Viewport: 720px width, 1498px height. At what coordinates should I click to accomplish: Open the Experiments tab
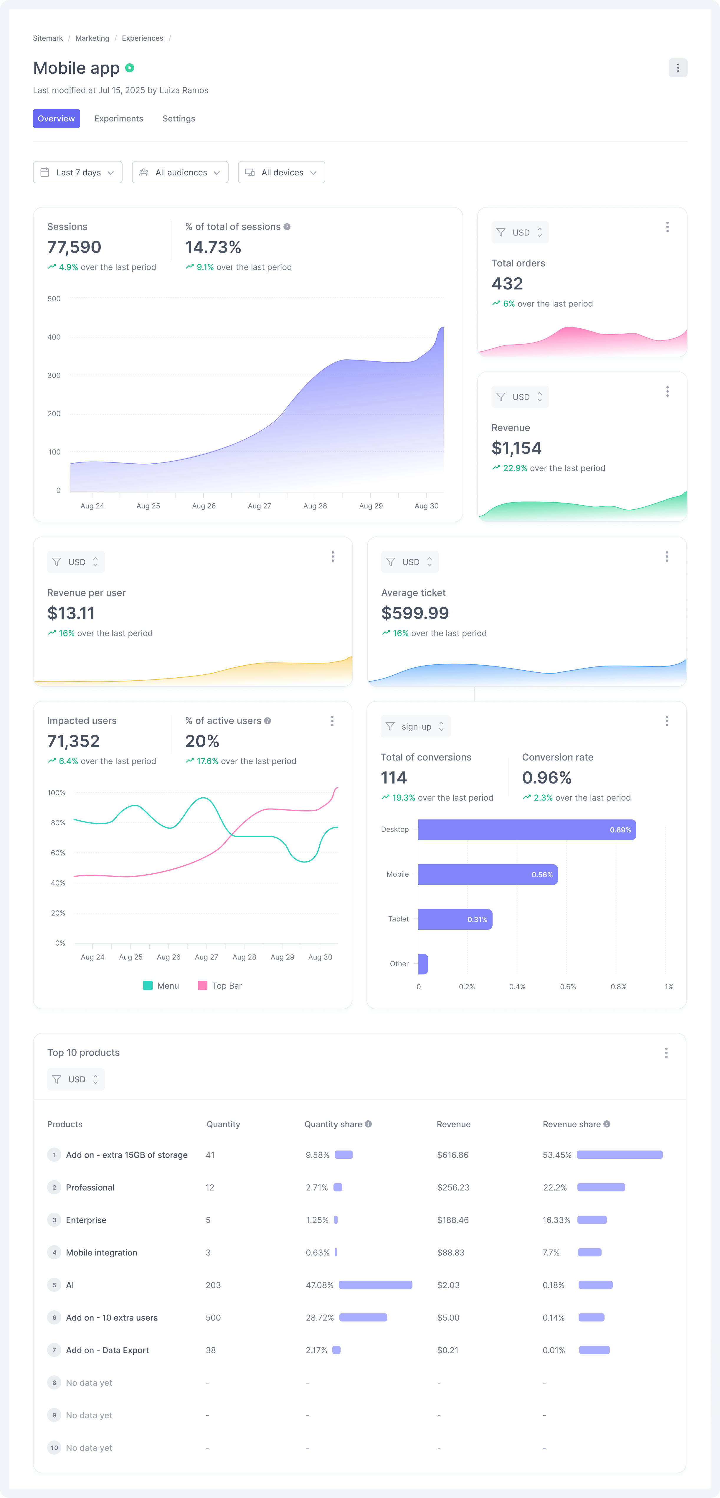coord(118,118)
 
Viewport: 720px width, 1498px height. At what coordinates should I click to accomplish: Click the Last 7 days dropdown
coord(78,173)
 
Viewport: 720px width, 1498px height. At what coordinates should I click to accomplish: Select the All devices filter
coord(281,173)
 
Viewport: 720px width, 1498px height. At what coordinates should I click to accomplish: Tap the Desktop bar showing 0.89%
coord(526,830)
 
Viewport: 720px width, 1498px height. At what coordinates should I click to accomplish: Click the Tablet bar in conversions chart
coord(455,919)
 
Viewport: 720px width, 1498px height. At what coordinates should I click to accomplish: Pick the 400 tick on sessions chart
coord(54,337)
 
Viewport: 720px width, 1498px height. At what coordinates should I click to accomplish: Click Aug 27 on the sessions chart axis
coord(259,506)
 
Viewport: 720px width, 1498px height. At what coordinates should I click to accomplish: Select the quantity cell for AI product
coord(213,1285)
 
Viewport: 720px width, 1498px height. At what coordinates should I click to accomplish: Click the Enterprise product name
coord(86,1220)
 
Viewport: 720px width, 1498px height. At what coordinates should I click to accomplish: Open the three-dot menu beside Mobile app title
coord(678,68)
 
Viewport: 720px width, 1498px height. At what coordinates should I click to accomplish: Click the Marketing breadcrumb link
coord(92,38)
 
